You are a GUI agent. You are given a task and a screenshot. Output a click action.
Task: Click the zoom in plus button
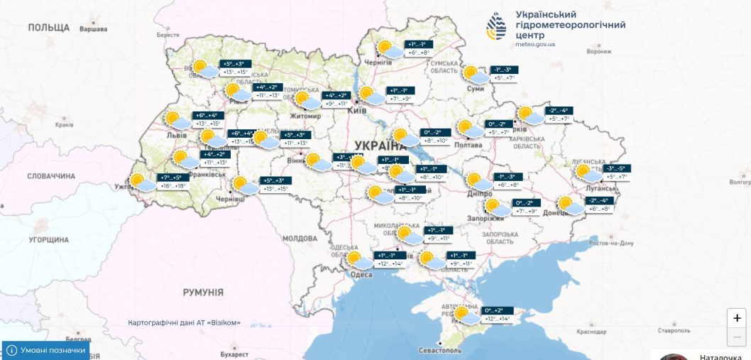coord(737,318)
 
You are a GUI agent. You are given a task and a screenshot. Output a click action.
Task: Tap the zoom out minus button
coord(737,337)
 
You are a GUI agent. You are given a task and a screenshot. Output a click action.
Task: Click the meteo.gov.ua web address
coord(535,44)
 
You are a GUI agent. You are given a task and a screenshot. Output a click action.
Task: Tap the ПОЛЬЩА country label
coord(49,28)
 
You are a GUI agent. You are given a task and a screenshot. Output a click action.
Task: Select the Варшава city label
coord(93,30)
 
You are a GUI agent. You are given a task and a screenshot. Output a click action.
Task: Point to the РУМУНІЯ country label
coord(202,293)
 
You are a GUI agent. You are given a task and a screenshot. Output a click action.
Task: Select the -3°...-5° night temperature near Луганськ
coord(615,168)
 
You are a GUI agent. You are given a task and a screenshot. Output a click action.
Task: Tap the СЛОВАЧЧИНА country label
coord(51,175)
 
